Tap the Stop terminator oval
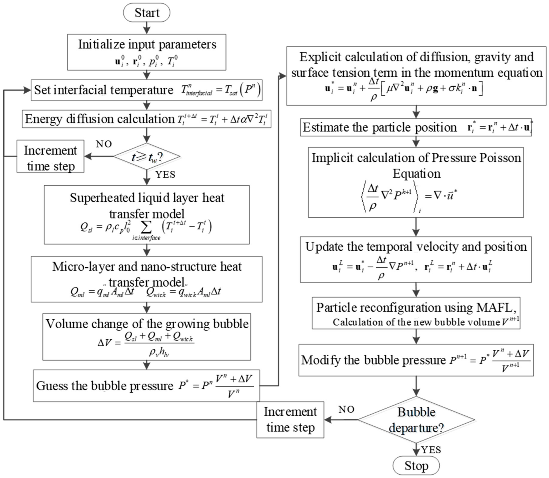(416, 466)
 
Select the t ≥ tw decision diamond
(147, 157)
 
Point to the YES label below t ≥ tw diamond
(165, 175)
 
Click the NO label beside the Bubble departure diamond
(346, 409)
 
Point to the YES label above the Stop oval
(431, 450)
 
